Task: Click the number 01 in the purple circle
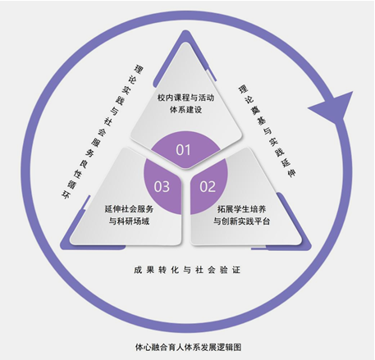pos(183,150)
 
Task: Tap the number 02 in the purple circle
pos(208,187)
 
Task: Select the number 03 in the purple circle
pos(162,187)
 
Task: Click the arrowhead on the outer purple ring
pos(332,107)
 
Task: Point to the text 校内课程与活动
pos(185,98)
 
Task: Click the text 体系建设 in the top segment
pos(185,110)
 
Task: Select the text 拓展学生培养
pos(241,209)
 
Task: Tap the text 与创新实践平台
pos(241,221)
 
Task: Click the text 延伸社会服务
pos(129,209)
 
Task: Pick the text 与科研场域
pos(129,221)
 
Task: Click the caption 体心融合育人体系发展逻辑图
pos(188,347)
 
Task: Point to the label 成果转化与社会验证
pos(187,270)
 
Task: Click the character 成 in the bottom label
pos(138,270)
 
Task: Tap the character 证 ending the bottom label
pos(236,270)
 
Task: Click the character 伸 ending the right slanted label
pos(291,173)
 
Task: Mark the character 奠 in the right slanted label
pos(254,109)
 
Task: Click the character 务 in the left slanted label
pos(89,153)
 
